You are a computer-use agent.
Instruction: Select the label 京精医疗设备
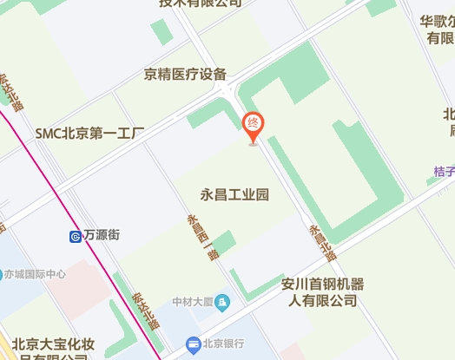point(186,75)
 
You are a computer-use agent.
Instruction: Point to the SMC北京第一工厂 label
point(89,134)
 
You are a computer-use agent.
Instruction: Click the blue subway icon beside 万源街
point(76,235)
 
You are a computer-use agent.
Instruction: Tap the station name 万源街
point(102,235)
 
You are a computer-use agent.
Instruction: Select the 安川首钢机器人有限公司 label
point(323,292)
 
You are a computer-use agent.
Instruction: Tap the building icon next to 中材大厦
point(223,301)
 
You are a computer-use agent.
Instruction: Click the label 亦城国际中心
point(35,274)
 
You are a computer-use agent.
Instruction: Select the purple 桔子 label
point(445,172)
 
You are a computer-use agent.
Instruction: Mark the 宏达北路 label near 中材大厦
point(145,309)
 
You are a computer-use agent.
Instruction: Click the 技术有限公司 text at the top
point(200,3)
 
